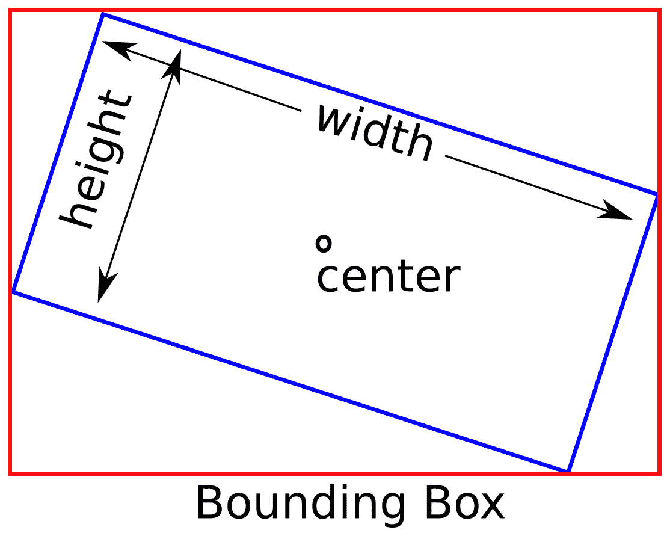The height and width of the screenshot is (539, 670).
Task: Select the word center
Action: coord(388,277)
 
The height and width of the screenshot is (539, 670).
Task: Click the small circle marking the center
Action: coord(324,243)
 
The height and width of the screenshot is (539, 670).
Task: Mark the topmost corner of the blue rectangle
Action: coord(103,14)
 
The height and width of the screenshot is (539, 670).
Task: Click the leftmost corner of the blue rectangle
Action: coord(13,292)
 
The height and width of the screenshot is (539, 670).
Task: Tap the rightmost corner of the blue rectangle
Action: coord(657,194)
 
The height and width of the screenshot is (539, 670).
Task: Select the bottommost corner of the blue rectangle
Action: coord(568,470)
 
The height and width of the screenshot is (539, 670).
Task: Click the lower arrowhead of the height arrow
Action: coord(105,289)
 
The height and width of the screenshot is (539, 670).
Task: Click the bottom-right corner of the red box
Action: coord(660,473)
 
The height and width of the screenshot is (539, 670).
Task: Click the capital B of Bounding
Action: coord(210,505)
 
